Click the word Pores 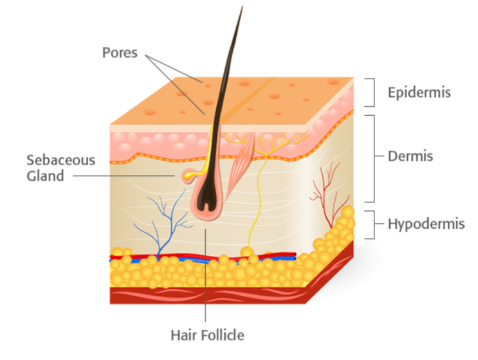tap(120, 53)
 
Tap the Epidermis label tap(419, 93)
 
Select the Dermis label tap(410, 156)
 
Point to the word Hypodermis tap(426, 224)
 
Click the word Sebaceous tap(61, 160)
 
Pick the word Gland tap(45, 176)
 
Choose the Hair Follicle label tap(207, 336)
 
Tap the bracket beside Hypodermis tap(374, 224)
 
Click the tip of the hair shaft tap(243, 6)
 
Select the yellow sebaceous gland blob tap(188, 175)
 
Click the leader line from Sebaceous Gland tap(124, 175)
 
